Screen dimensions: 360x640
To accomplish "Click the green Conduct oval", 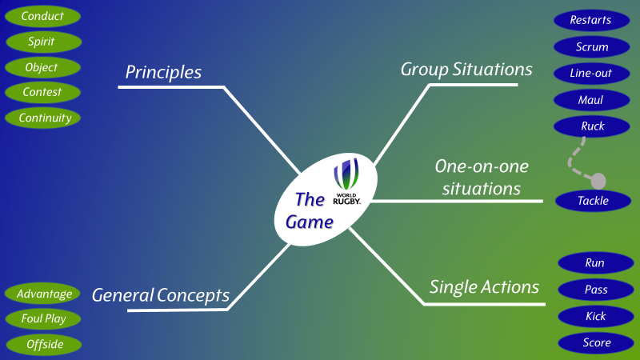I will (x=42, y=16).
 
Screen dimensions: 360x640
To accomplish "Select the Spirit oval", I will (x=42, y=42).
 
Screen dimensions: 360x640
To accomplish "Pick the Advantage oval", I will (x=43, y=294).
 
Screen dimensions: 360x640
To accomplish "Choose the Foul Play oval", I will (x=43, y=319).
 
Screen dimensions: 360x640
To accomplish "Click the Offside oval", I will (x=43, y=345).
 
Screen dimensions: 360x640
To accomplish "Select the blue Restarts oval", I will (x=590, y=21).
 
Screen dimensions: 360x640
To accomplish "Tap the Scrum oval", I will (x=592, y=47).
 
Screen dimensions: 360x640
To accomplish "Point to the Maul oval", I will (x=592, y=100).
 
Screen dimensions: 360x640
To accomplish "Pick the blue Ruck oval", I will (x=592, y=126).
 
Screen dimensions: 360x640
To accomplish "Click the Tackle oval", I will (x=593, y=201).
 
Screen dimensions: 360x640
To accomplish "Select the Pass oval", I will (x=595, y=290).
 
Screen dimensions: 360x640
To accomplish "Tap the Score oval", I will (x=595, y=343).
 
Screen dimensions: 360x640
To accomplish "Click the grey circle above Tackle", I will (x=598, y=179).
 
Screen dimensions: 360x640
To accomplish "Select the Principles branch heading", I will (x=163, y=72).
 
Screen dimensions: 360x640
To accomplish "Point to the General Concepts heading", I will (x=160, y=295).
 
